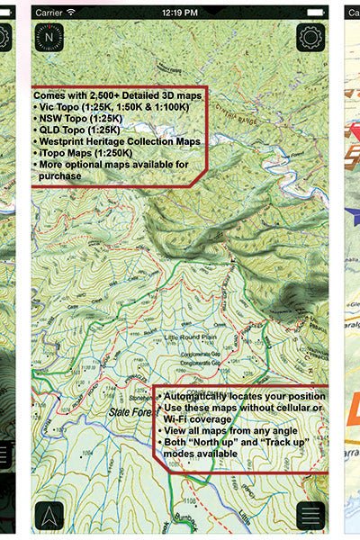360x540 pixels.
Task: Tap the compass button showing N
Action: click(48, 38)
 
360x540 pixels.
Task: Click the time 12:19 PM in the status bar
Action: click(181, 13)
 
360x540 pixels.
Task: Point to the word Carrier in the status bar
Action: click(51, 13)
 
